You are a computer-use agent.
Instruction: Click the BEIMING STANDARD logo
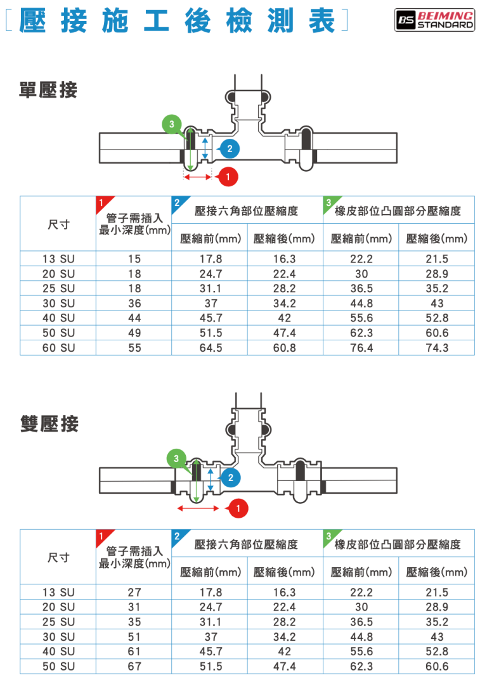point(434,20)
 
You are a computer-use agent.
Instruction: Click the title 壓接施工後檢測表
point(178,21)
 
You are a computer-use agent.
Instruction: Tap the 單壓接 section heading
point(48,91)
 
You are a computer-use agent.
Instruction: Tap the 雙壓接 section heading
point(48,424)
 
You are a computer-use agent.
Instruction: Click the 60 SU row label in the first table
point(58,348)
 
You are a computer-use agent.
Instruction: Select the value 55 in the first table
point(134,348)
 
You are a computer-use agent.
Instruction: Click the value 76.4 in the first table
point(361,348)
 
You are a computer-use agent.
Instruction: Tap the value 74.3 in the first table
point(437,348)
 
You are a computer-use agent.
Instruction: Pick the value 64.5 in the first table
point(211,348)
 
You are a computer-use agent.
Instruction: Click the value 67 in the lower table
point(134,667)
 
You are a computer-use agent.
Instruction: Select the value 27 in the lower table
point(134,593)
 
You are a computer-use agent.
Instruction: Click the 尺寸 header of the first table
point(58,224)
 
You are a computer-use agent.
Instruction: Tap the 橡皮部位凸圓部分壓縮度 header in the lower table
point(398,544)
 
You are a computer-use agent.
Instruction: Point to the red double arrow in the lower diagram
point(198,508)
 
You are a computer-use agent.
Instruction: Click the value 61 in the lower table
point(134,652)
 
